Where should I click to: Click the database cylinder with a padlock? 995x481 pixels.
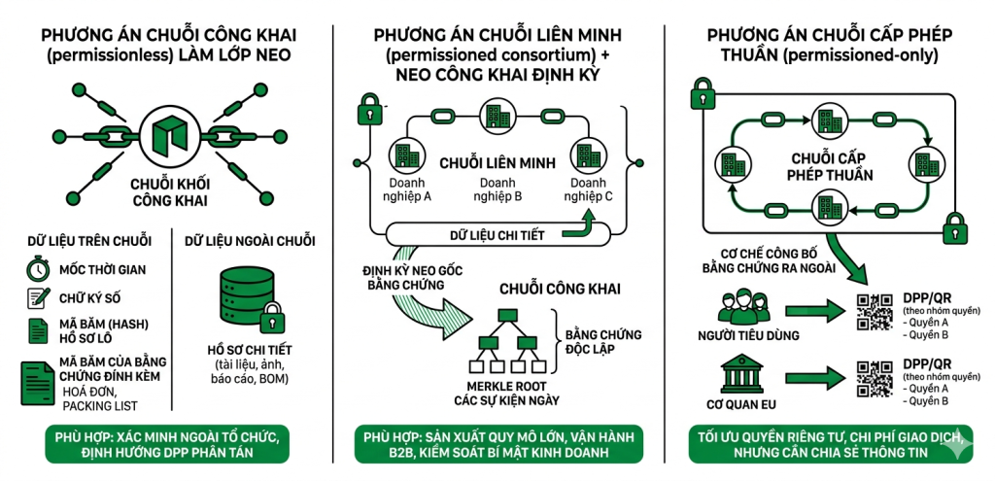pyautogui.click(x=238, y=292)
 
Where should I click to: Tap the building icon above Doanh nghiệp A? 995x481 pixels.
pyautogui.click(x=405, y=154)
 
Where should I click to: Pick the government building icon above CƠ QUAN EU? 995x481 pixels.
pyautogui.click(x=743, y=373)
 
